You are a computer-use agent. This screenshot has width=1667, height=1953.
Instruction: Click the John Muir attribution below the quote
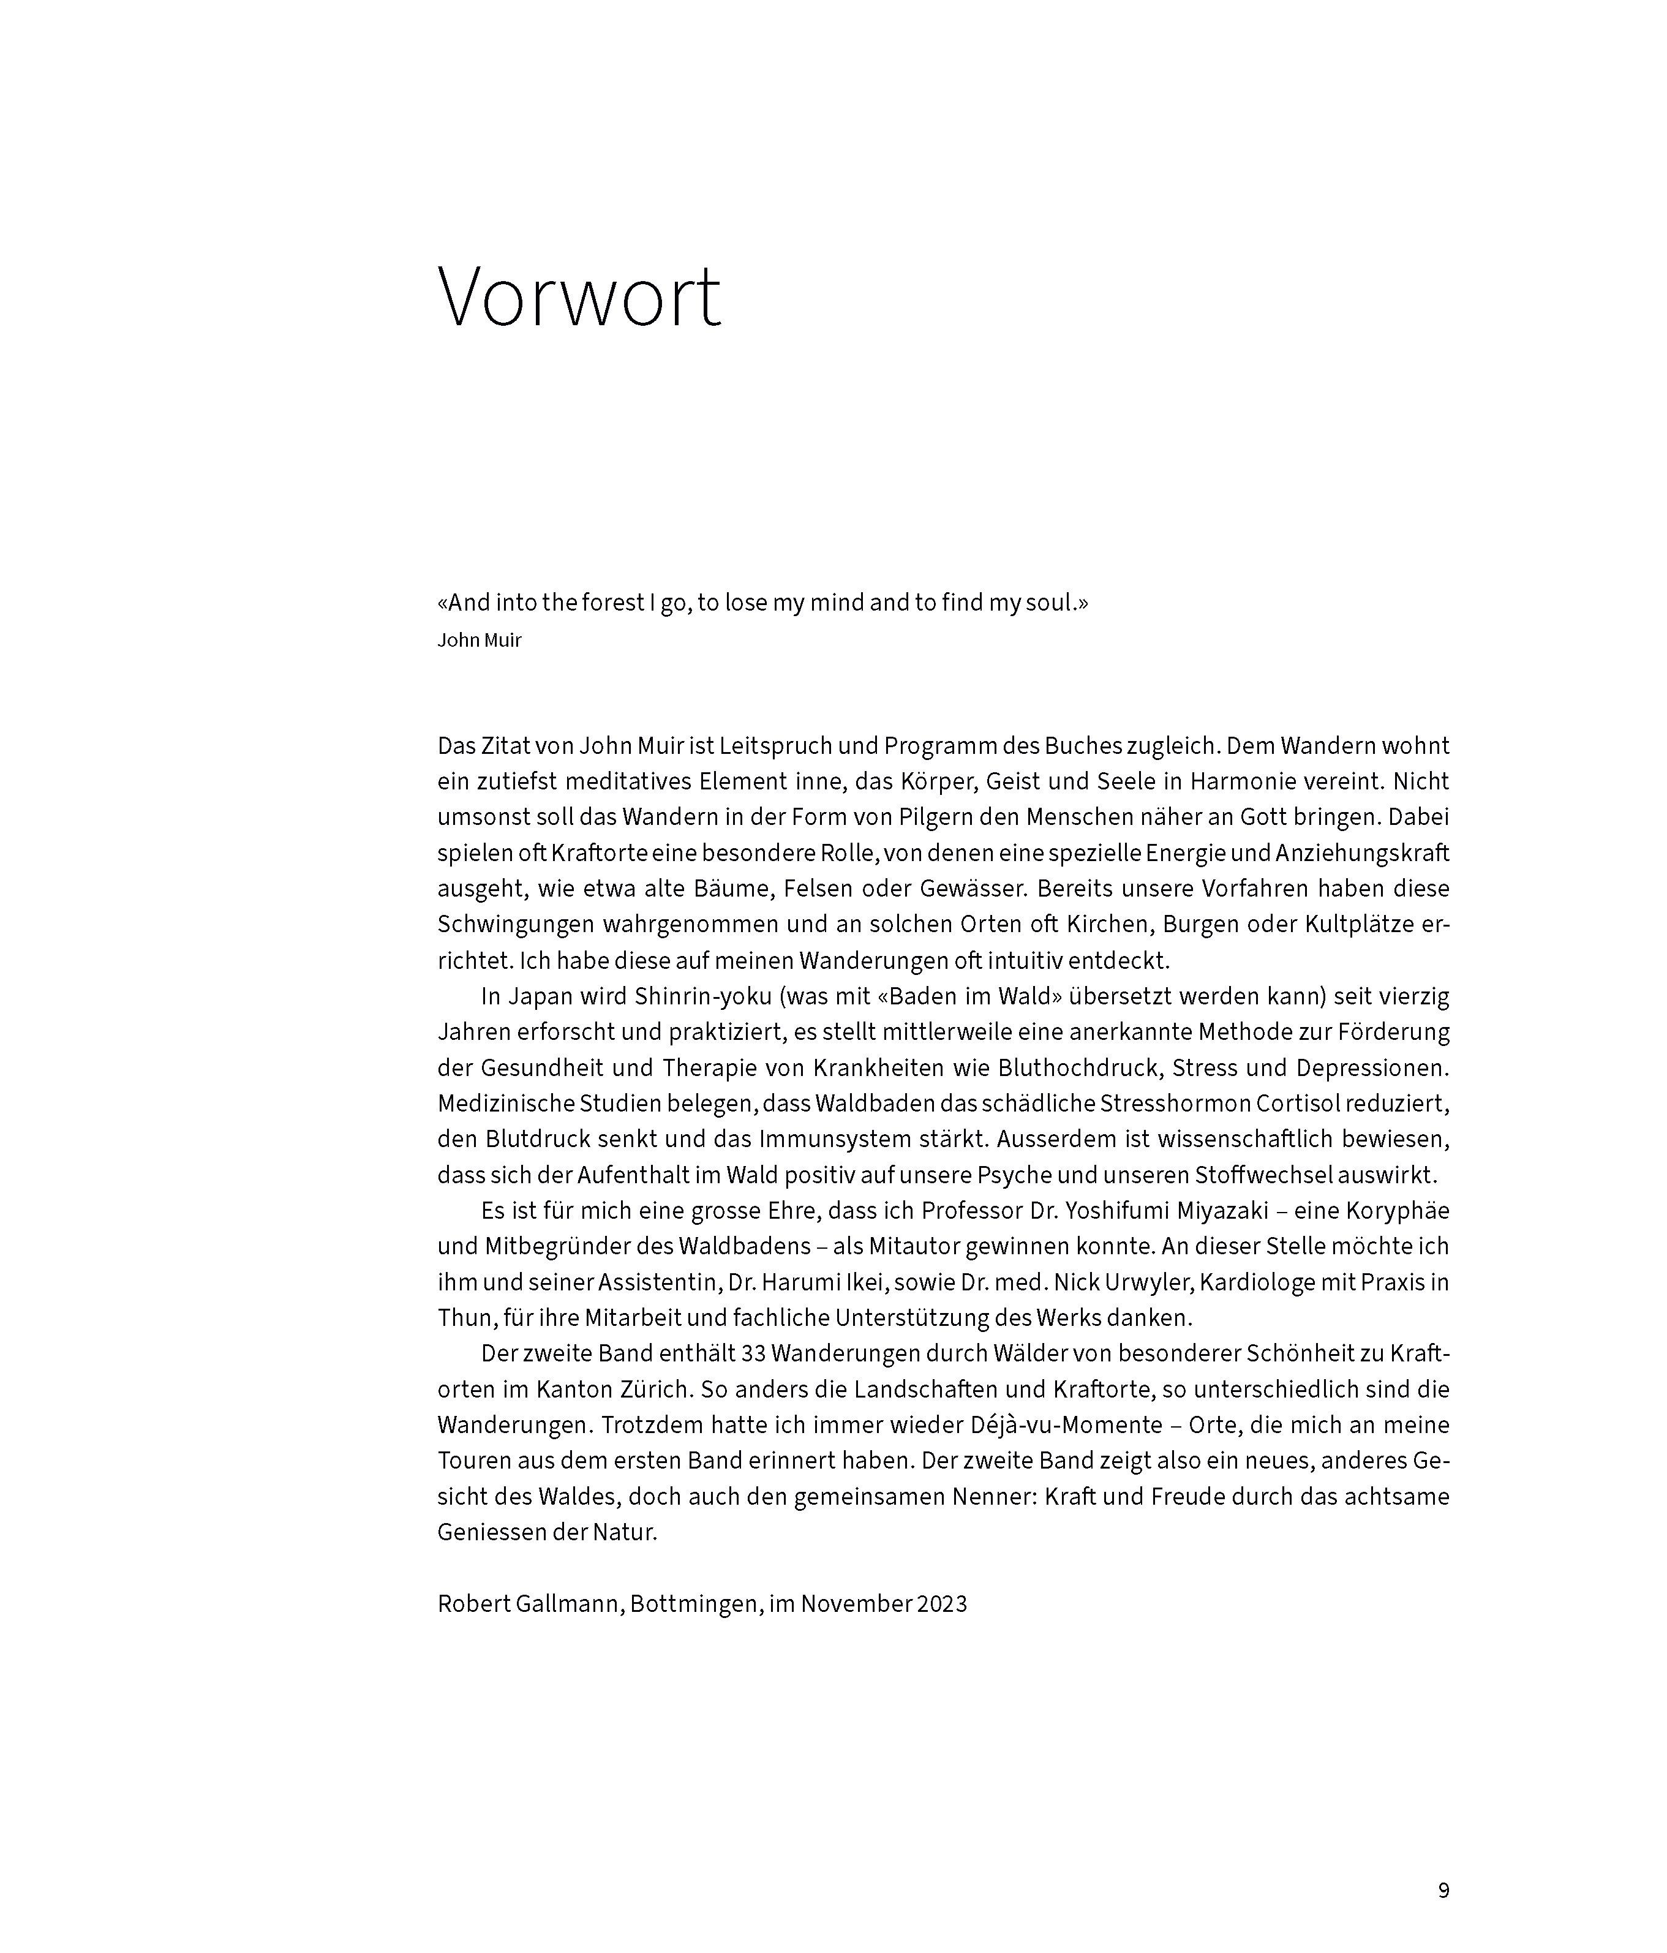[479, 641]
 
